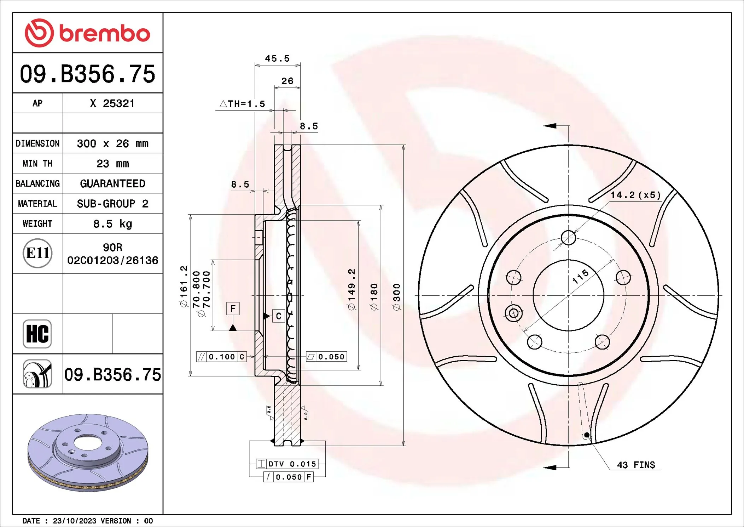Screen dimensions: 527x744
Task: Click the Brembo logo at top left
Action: (x=87, y=33)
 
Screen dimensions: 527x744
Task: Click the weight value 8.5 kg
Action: (x=112, y=224)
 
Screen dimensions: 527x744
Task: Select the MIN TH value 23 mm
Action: (x=112, y=164)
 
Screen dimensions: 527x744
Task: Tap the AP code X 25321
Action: (x=112, y=103)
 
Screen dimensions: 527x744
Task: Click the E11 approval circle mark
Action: (x=37, y=253)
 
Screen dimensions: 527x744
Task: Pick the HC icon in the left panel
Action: (x=37, y=334)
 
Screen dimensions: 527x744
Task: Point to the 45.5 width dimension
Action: (x=277, y=58)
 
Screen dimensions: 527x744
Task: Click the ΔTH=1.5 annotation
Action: (x=243, y=104)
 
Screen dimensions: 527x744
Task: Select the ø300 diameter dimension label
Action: (x=397, y=297)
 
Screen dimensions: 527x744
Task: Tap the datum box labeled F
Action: (x=233, y=308)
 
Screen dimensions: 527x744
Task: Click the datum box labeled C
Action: (x=279, y=316)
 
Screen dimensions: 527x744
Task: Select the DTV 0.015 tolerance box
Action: (x=287, y=464)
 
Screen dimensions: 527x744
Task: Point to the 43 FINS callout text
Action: (x=636, y=465)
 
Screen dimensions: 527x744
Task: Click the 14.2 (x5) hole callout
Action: (x=635, y=195)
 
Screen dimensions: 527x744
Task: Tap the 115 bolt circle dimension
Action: (x=581, y=277)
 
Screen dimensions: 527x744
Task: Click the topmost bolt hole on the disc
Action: (x=568, y=238)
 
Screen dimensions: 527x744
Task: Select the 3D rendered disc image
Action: (x=88, y=452)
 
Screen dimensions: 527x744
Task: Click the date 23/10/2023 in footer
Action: (x=74, y=521)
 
